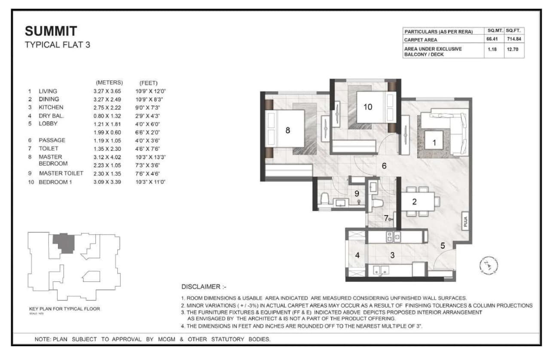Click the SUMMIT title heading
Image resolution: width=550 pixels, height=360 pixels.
click(x=51, y=31)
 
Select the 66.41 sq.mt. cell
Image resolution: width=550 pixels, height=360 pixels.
click(x=492, y=40)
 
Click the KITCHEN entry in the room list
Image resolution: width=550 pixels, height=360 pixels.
click(x=51, y=107)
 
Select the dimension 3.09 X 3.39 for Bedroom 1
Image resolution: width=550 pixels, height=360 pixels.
click(x=107, y=182)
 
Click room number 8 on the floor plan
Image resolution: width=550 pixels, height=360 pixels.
click(x=287, y=130)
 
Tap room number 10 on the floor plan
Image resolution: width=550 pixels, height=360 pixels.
click(x=368, y=107)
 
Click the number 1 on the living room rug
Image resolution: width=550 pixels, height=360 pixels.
click(x=434, y=143)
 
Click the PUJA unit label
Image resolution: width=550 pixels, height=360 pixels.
click(x=465, y=221)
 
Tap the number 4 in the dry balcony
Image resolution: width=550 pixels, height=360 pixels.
click(x=357, y=255)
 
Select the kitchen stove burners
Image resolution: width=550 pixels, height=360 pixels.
click(x=394, y=236)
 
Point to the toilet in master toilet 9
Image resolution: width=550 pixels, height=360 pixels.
click(x=326, y=198)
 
